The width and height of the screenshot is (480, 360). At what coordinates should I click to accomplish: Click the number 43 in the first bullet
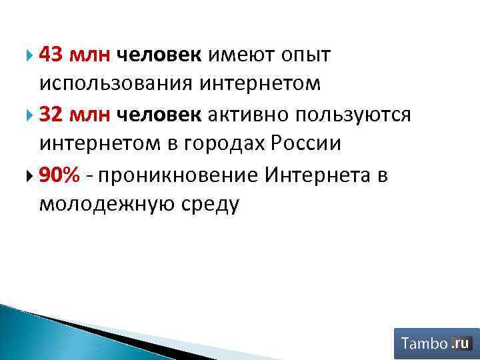pyautogui.click(x=51, y=55)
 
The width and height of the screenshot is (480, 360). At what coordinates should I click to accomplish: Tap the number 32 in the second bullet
pyautogui.click(x=51, y=115)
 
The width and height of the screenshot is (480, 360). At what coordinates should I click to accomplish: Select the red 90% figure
pyautogui.click(x=60, y=175)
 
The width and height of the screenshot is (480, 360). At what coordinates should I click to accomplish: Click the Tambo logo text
pyautogui.click(x=424, y=344)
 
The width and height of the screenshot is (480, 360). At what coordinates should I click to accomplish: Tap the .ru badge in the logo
pyautogui.click(x=461, y=343)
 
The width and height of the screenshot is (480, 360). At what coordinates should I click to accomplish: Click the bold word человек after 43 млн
pyautogui.click(x=159, y=55)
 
